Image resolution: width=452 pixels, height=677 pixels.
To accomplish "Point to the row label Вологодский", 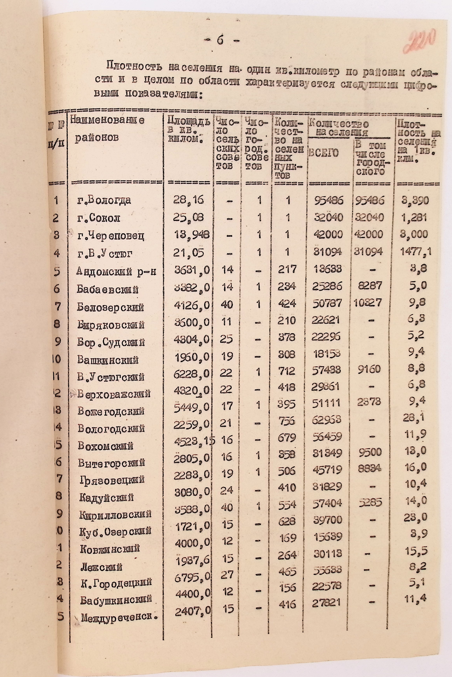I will (111, 429).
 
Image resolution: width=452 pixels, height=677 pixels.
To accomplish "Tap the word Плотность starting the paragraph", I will (134, 68).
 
